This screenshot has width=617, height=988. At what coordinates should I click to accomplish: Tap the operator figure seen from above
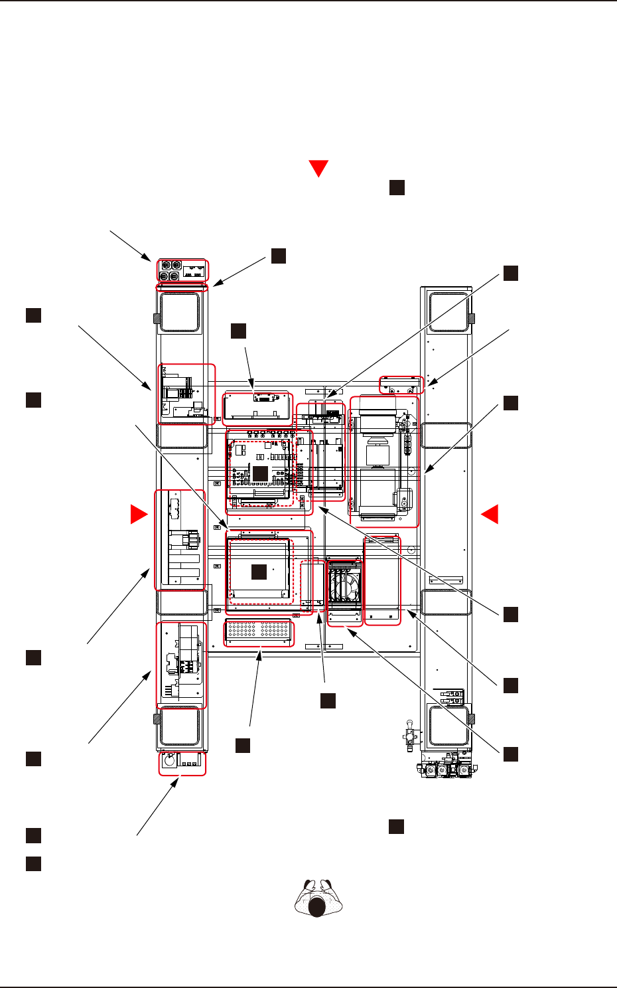click(x=317, y=898)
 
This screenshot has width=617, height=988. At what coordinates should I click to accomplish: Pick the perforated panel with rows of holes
click(x=259, y=633)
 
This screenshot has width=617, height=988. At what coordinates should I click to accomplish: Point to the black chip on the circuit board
click(x=260, y=473)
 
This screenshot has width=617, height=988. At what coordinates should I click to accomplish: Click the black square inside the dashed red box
click(x=259, y=571)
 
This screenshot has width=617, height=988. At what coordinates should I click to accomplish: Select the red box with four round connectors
click(x=182, y=270)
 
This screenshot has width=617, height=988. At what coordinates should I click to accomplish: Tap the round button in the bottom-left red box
click(x=169, y=762)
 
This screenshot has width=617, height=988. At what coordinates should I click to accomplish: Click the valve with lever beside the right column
click(x=407, y=736)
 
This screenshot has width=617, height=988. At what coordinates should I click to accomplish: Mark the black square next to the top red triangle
click(x=396, y=187)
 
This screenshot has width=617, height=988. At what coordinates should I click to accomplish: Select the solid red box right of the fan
click(x=383, y=580)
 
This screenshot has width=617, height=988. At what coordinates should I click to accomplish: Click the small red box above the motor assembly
click(x=401, y=384)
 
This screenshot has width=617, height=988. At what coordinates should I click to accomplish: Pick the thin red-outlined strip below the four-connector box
click(x=181, y=287)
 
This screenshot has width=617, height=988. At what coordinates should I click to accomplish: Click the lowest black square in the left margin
click(x=34, y=863)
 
